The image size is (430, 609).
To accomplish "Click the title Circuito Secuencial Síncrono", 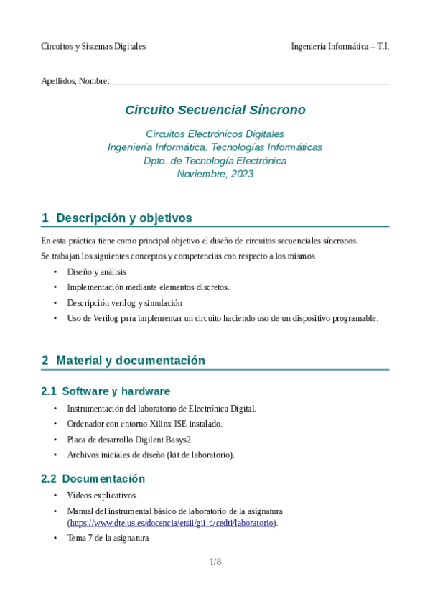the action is pyautogui.click(x=215, y=110).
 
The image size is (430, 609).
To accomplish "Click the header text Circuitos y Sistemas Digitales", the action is pyautogui.click(x=93, y=46).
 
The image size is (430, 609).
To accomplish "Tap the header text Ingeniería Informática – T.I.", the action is pyautogui.click(x=340, y=46).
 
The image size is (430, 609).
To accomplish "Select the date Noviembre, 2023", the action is pyautogui.click(x=215, y=174).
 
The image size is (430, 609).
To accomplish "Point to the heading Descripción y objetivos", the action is pyautogui.click(x=123, y=218).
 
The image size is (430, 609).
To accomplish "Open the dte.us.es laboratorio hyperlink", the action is pyautogui.click(x=172, y=523).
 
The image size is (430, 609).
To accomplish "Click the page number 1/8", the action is pyautogui.click(x=215, y=562).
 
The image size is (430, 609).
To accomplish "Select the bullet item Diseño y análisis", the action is pyautogui.click(x=96, y=272).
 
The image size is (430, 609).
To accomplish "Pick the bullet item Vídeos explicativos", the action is pyautogui.click(x=102, y=496).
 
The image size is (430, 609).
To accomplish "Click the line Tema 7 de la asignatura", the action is pyautogui.click(x=108, y=537).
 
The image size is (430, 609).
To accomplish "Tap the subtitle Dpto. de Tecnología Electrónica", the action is pyautogui.click(x=215, y=161).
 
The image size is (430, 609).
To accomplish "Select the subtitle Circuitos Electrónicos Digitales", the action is pyautogui.click(x=215, y=134).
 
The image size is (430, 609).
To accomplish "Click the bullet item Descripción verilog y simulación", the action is pyautogui.click(x=124, y=303).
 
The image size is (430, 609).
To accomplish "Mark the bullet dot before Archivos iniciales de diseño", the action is pyautogui.click(x=56, y=455).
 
